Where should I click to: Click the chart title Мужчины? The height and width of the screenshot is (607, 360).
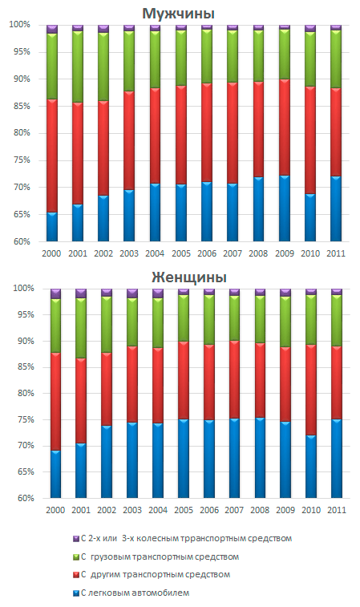click(178, 14)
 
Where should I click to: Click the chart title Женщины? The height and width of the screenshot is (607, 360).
click(189, 277)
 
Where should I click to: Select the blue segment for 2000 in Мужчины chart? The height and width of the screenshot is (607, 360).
click(52, 227)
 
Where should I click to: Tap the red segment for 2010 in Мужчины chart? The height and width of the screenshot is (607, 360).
click(310, 140)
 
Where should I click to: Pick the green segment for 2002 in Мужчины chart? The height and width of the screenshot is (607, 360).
click(103, 67)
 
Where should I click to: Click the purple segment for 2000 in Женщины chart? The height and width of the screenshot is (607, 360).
click(56, 293)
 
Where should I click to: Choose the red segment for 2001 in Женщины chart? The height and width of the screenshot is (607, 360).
click(81, 401)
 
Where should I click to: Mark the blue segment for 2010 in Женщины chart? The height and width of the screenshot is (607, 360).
click(311, 467)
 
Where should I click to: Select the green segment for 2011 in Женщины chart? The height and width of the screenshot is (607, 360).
click(337, 321)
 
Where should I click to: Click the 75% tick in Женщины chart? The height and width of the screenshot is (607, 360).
click(26, 419)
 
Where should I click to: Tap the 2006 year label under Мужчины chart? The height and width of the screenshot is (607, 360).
click(207, 253)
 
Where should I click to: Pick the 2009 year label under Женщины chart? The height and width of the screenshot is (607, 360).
click(285, 510)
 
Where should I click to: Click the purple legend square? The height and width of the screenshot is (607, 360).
click(76, 539)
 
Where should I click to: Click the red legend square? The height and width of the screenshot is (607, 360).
click(76, 575)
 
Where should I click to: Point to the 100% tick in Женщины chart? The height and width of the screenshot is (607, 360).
click(24, 289)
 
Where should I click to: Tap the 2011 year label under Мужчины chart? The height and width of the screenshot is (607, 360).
click(336, 253)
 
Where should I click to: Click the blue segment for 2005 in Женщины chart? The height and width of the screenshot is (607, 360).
click(184, 459)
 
